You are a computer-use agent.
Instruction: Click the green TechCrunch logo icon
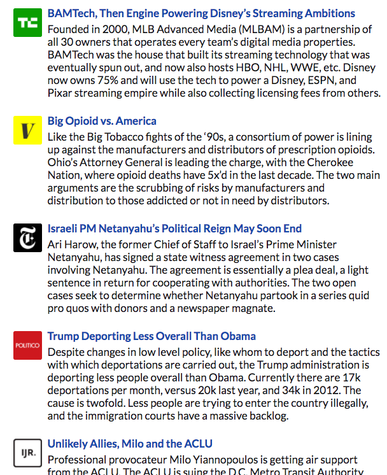tap(27, 23)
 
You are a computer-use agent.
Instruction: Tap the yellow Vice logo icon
tap(27, 131)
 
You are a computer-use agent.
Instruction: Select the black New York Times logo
tap(27, 238)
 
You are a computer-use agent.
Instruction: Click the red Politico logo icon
tap(27, 345)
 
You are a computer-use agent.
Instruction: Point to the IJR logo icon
tap(27, 453)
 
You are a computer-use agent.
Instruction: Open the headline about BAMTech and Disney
tap(201, 13)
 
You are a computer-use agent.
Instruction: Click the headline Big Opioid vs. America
tap(102, 121)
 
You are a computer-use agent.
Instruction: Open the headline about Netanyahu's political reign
tap(174, 229)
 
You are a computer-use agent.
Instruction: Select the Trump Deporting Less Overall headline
tap(151, 336)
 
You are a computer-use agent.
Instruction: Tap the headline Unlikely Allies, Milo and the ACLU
tap(130, 444)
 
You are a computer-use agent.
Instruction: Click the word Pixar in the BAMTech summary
tap(60, 93)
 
